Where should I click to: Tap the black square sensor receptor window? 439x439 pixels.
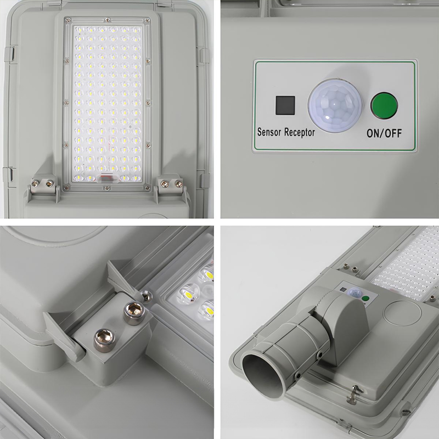285,105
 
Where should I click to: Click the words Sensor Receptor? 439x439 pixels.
286,132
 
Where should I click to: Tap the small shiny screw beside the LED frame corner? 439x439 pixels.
146,297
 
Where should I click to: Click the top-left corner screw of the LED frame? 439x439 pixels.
68,20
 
